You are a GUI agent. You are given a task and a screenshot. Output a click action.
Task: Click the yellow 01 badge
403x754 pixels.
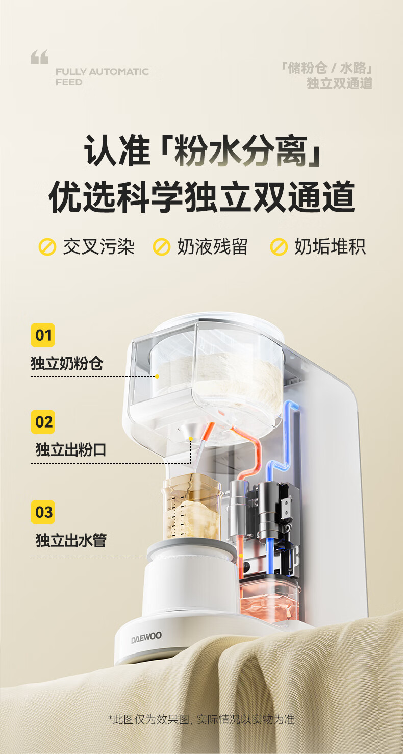click(x=43, y=335)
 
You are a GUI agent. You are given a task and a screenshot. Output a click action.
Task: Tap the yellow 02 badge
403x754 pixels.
click(x=43, y=422)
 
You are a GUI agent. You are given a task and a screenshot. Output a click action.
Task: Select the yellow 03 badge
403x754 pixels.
click(x=43, y=512)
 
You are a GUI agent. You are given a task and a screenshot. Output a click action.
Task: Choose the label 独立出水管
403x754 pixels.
click(x=71, y=540)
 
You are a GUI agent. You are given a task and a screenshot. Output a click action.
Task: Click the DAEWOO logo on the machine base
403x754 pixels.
click(x=146, y=637)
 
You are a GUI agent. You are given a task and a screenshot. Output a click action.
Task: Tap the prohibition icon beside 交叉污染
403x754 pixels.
click(x=47, y=247)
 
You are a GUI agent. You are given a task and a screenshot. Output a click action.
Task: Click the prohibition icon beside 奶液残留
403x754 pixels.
click(x=162, y=247)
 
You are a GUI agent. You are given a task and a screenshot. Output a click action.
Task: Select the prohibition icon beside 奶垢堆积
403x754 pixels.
click(x=279, y=247)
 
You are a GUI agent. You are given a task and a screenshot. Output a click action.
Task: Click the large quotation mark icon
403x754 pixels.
click(x=40, y=57)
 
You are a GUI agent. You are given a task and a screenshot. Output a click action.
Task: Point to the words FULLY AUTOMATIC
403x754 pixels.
click(x=102, y=72)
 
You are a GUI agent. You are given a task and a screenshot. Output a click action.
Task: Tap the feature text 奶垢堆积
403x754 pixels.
click(x=330, y=247)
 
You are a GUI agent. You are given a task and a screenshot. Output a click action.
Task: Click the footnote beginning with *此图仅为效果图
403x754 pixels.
click(x=202, y=719)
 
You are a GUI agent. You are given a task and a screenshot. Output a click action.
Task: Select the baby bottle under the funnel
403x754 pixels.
click(x=193, y=507)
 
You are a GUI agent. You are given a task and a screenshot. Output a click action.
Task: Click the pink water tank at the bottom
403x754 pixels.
click(x=269, y=599)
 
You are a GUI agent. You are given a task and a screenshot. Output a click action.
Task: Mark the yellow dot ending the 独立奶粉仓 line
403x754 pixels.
click(x=157, y=376)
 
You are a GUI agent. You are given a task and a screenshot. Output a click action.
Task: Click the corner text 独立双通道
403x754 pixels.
click(x=339, y=83)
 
